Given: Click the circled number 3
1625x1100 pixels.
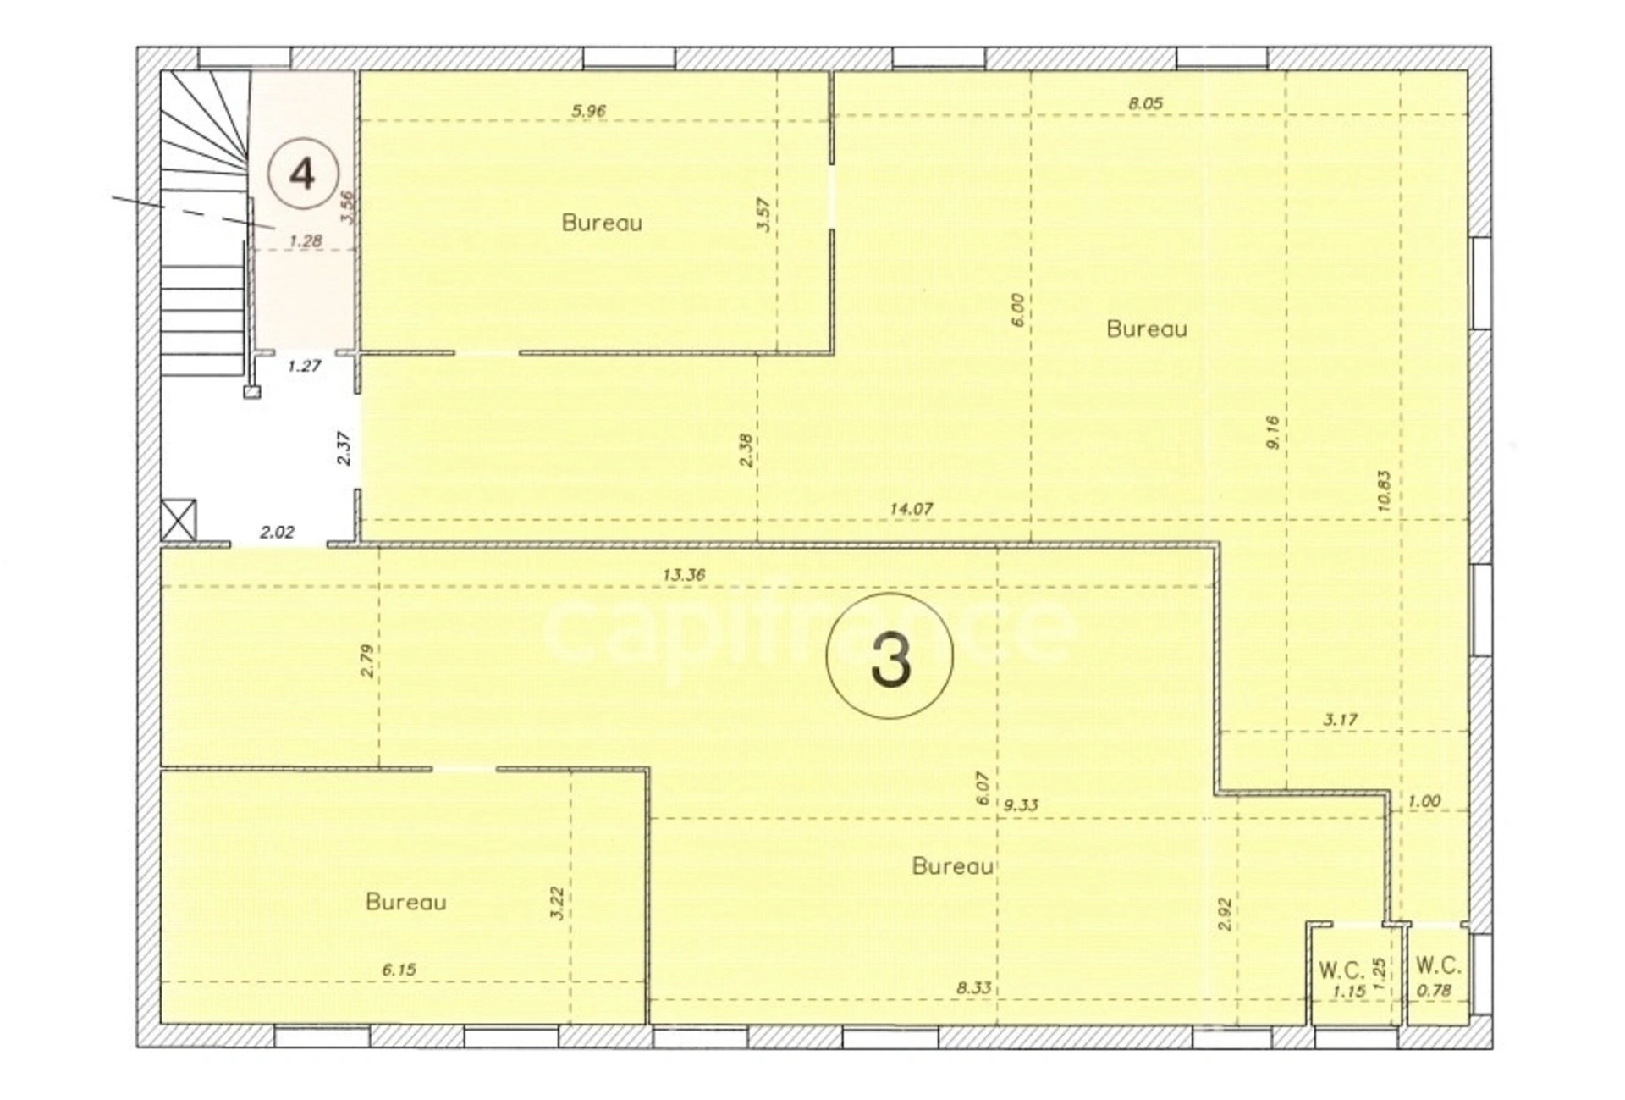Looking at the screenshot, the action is [890, 656].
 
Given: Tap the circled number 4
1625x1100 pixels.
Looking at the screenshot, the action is [303, 174].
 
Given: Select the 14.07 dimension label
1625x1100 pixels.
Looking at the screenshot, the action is [911, 509].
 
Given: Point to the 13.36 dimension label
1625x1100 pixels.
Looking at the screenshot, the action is [683, 574].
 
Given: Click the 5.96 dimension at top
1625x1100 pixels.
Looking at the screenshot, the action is [588, 110].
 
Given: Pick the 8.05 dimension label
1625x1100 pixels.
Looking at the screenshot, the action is [1145, 103].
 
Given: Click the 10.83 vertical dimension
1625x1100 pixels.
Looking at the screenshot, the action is [1384, 491].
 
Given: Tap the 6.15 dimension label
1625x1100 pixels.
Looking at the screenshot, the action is [399, 970].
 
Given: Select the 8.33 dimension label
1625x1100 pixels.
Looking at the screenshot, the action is [974, 987].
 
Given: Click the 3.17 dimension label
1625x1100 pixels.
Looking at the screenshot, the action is [1341, 720].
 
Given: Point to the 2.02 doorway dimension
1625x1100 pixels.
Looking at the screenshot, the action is [277, 532].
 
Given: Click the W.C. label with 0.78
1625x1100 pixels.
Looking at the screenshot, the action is [1439, 965].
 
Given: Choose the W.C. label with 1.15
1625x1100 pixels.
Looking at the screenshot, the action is [1341, 969].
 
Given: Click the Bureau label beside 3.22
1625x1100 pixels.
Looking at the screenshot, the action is [405, 902].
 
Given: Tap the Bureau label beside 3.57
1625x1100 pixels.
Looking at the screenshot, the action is [602, 223].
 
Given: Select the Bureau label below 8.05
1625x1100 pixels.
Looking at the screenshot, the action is [1147, 329].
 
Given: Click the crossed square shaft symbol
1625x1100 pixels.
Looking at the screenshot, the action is [179, 519].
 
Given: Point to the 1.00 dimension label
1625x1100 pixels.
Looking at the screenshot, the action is [1424, 801].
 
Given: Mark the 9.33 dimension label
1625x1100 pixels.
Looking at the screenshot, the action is [1021, 804].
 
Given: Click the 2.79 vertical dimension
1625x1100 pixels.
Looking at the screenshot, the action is [366, 661].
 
